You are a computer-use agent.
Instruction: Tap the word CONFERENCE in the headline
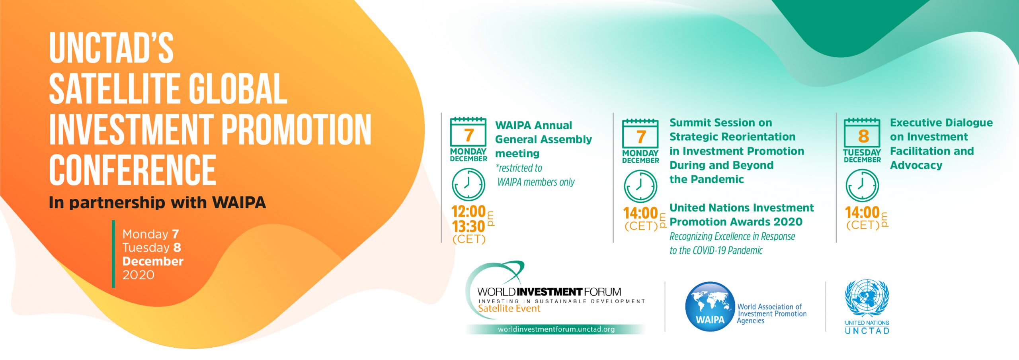pyautogui.click(x=133, y=170)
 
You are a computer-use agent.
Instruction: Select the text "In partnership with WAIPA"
pyautogui.click(x=157, y=203)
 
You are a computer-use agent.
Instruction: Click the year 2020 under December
pyautogui.click(x=138, y=275)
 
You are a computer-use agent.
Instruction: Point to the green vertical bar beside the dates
pyautogui.click(x=113, y=254)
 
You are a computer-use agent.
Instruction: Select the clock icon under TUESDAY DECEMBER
pyautogui.click(x=862, y=186)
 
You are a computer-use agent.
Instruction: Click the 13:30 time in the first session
pyautogui.click(x=469, y=227)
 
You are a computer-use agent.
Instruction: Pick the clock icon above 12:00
pyautogui.click(x=469, y=184)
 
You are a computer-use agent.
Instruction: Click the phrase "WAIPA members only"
pyautogui.click(x=536, y=182)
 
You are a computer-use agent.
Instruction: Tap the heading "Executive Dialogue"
pyautogui.click(x=941, y=123)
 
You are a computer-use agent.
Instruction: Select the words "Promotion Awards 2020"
pyautogui.click(x=736, y=222)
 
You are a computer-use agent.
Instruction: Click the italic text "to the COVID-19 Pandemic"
pyautogui.click(x=716, y=250)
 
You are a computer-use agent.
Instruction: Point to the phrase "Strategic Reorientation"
pyautogui.click(x=732, y=137)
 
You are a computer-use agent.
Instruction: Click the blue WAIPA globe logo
pyautogui.click(x=710, y=307)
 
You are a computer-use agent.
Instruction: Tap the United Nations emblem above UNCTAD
pyautogui.click(x=867, y=298)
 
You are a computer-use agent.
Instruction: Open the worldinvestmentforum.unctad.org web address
pyautogui.click(x=556, y=329)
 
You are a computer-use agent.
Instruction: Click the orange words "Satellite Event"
pyautogui.click(x=509, y=309)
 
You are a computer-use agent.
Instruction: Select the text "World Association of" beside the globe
pyautogui.click(x=769, y=307)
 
